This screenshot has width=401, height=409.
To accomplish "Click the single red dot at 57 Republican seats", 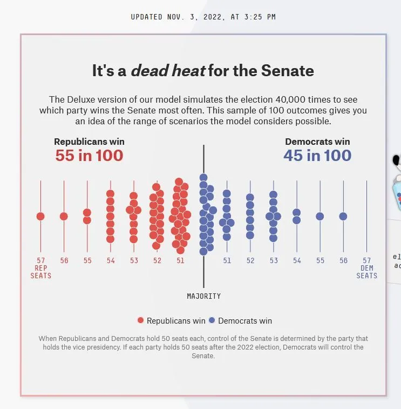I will (x=40, y=216).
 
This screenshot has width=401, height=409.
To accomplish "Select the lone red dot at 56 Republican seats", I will (x=64, y=216).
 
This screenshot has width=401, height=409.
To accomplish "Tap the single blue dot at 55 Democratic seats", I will (x=320, y=216).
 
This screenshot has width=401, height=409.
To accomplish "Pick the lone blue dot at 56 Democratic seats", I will (x=343, y=216).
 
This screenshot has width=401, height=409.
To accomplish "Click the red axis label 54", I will (x=111, y=260).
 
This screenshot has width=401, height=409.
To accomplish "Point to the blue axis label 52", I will (x=250, y=260).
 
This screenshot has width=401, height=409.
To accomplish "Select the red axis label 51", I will (x=180, y=260).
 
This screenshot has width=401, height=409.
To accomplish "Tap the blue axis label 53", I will (x=274, y=260).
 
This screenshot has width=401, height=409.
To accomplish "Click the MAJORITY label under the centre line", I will (x=203, y=296).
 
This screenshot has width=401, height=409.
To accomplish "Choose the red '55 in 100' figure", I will (x=89, y=156).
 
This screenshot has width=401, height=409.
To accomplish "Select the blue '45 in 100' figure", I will (x=317, y=156).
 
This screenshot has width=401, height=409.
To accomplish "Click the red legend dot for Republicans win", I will (x=141, y=320).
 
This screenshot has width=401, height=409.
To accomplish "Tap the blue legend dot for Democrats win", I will (x=212, y=320).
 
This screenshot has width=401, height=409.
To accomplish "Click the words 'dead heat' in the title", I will (x=168, y=71).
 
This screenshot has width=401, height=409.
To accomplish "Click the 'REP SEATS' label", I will (x=40, y=272).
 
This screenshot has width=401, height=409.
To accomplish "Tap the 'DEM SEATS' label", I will (x=367, y=272).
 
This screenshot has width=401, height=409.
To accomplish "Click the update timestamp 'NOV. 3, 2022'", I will (x=188, y=17).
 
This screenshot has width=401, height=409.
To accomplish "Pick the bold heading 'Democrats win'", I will (x=317, y=142).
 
